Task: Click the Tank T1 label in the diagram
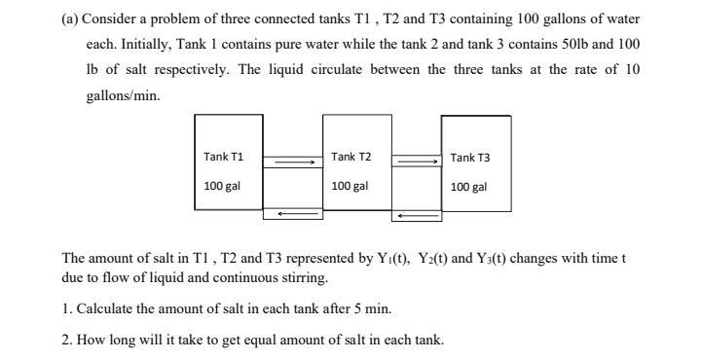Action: point(223,157)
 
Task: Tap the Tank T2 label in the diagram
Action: point(350,157)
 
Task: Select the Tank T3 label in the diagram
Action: point(470,158)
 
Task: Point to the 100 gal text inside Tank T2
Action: point(350,186)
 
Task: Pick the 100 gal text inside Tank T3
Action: point(469,187)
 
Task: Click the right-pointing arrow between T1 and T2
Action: point(293,162)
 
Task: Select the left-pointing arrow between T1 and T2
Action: point(293,213)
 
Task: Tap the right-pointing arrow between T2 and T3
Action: point(417,162)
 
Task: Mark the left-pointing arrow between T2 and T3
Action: point(417,214)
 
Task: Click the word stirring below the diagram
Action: point(298,276)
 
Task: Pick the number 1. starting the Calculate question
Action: point(66,308)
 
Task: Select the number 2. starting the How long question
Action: point(66,340)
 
